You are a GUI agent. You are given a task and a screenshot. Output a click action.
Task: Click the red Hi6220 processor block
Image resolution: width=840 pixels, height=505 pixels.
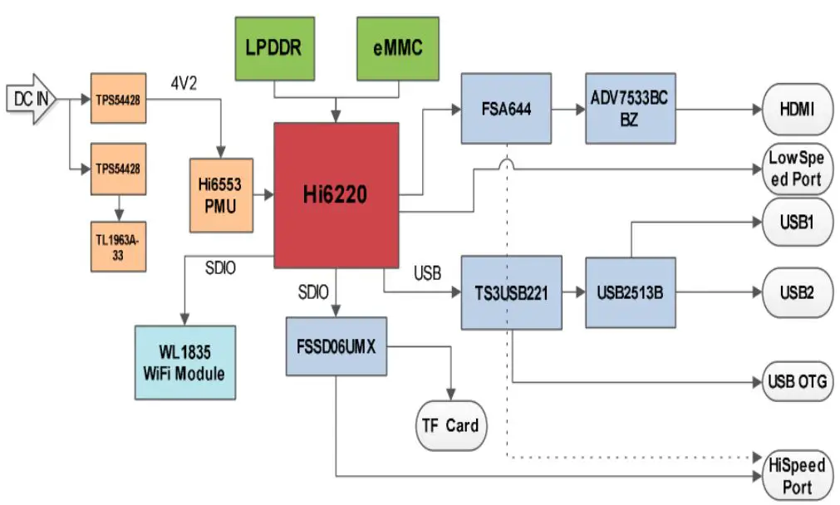click(x=336, y=195)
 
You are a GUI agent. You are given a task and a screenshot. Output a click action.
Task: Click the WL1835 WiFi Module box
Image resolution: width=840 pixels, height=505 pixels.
click(x=184, y=363)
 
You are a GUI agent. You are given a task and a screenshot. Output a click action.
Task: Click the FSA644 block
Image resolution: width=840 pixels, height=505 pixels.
click(x=506, y=109)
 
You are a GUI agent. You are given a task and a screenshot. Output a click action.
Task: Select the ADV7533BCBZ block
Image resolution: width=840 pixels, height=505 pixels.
click(x=628, y=109)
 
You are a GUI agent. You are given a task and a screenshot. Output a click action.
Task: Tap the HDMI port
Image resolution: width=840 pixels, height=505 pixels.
click(x=795, y=109)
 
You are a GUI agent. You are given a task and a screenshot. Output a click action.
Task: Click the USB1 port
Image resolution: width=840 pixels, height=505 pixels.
click(x=795, y=223)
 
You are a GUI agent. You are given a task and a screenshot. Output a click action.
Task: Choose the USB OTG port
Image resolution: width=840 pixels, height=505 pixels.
click(x=795, y=382)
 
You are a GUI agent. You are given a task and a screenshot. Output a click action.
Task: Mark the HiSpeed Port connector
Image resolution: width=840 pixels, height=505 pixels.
click(x=795, y=476)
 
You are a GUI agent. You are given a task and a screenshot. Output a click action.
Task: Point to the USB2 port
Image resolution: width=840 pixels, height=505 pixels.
click(x=795, y=292)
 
